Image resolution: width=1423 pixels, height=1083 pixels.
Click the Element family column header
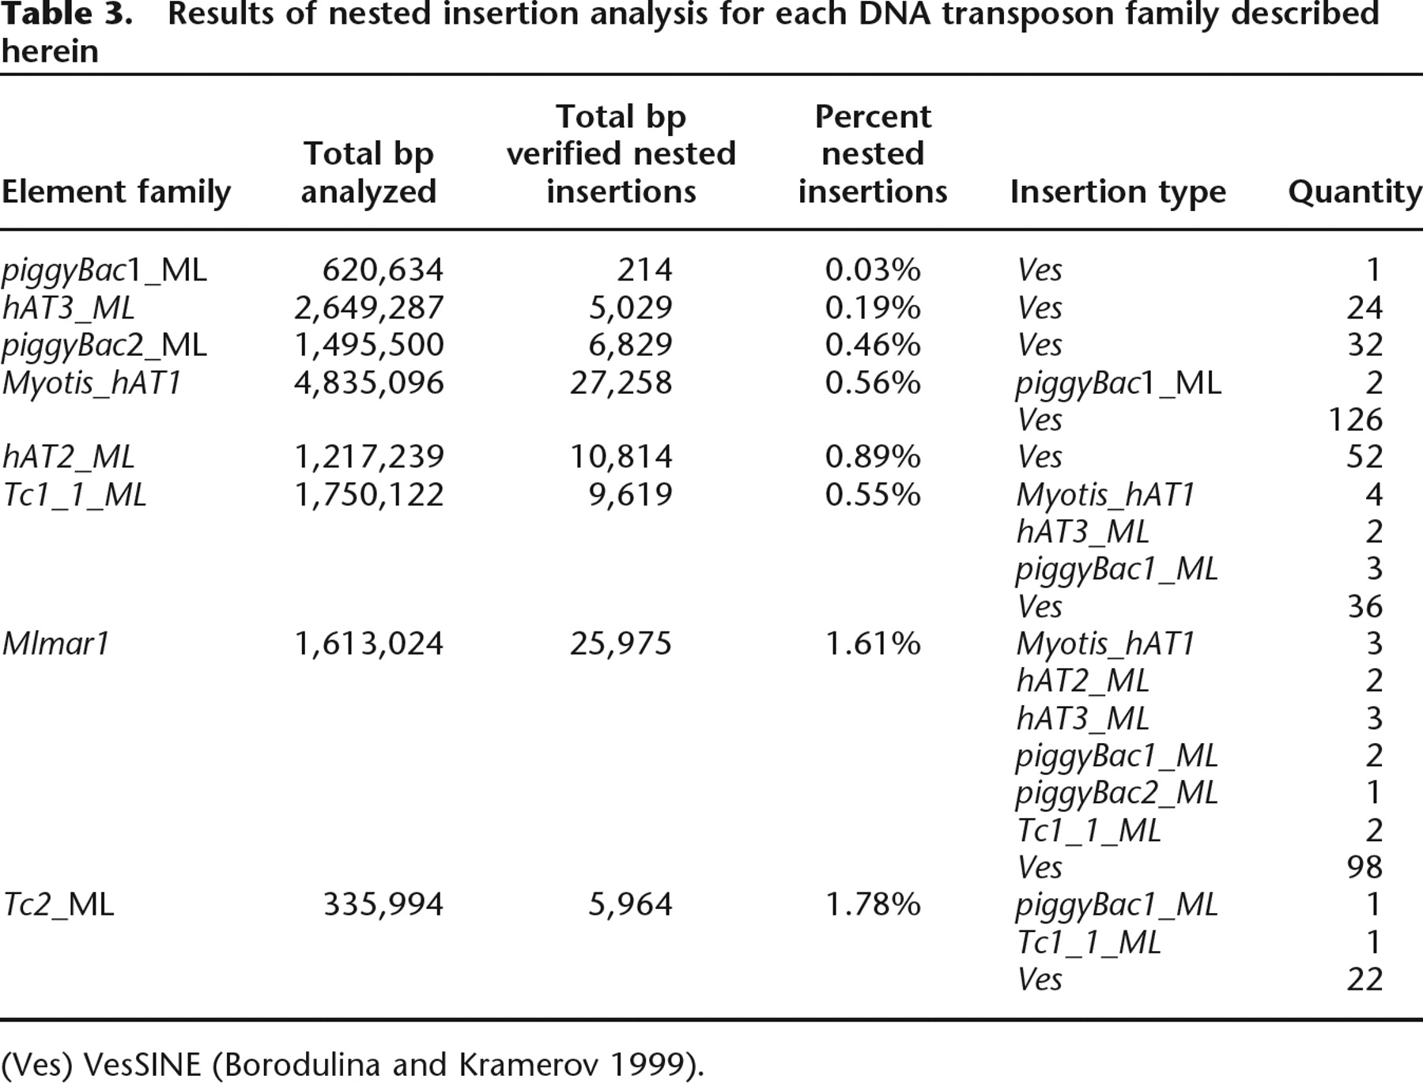pos(116,192)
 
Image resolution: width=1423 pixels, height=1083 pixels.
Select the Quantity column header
pos(1355,192)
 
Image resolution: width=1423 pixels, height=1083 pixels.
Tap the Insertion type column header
pos(1118,192)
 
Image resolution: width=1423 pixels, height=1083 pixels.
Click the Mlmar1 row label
pos(55,643)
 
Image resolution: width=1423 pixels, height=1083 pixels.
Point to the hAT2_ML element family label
pos(69,457)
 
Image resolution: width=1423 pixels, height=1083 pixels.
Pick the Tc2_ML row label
pos(59,904)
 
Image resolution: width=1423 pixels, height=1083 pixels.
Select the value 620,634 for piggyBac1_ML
pos(383,270)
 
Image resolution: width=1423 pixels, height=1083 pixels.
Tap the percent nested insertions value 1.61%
pos(873,643)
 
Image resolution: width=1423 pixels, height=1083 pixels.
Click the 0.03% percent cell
pos(873,270)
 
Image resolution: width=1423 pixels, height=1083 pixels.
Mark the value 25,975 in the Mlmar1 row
pos(621,643)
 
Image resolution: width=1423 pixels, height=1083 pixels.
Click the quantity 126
pos(1355,420)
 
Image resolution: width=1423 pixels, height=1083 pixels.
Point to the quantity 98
pos(1364,867)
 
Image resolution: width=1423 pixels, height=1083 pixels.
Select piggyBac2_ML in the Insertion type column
pos(1117,793)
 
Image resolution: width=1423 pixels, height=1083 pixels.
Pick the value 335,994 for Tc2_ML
pos(383,904)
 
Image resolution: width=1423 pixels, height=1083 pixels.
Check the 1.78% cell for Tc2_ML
pos(873,904)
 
